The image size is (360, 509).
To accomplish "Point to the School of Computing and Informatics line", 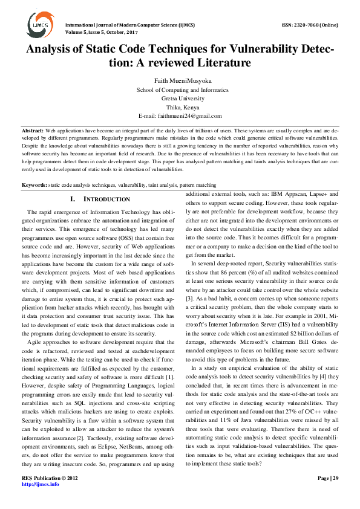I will point(180,89).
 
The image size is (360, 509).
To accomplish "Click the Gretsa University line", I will point(180,98).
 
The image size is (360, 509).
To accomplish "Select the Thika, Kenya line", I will point(180,106).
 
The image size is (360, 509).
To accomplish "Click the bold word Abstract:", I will point(33,131).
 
